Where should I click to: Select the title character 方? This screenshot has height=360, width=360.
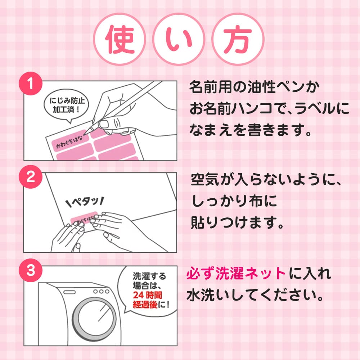238,39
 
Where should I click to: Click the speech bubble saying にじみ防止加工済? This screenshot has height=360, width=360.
66,104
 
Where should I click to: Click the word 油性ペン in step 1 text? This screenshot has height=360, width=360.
273,88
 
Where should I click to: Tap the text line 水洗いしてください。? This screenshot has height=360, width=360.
254,296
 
